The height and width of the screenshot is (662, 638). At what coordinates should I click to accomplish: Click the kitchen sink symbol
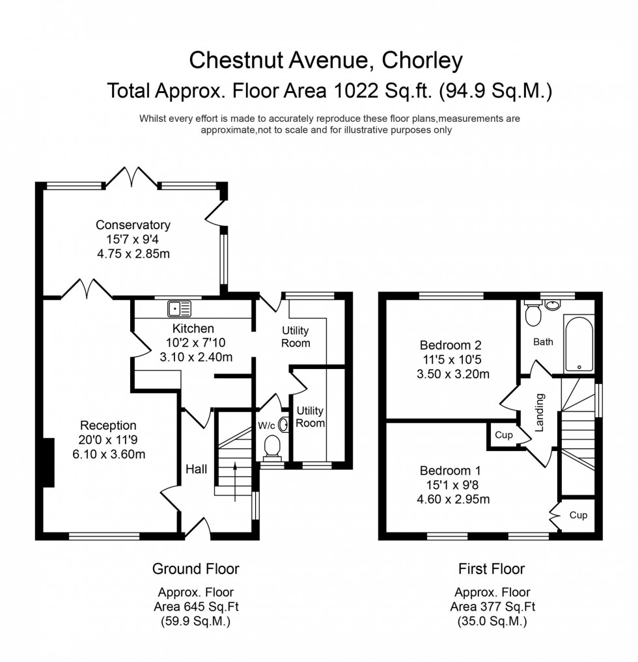(x=178, y=308)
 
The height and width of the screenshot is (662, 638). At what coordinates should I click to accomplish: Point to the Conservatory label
(x=133, y=225)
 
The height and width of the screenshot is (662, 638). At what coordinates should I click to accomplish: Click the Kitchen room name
(x=193, y=328)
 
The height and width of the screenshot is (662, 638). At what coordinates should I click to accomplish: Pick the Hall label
(x=197, y=469)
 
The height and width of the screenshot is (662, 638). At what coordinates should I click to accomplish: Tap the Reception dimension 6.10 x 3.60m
(x=108, y=454)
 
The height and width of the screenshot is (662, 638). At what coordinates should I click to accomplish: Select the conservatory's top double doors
(x=132, y=176)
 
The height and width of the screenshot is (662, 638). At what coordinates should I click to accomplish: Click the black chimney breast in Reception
(x=47, y=463)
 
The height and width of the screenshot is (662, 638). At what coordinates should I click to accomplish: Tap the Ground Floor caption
(x=195, y=569)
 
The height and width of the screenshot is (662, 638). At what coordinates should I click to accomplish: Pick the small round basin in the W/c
(x=284, y=424)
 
